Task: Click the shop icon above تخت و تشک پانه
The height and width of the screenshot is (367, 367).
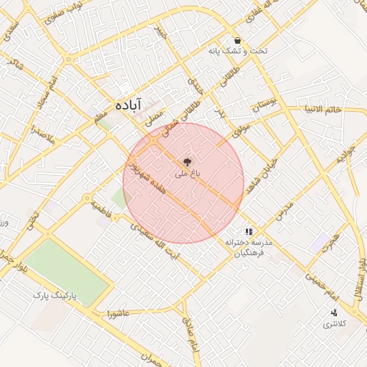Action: click(237, 40)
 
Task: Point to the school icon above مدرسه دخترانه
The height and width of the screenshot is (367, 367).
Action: click(249, 232)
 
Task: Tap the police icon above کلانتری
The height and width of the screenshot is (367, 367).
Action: click(334, 313)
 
